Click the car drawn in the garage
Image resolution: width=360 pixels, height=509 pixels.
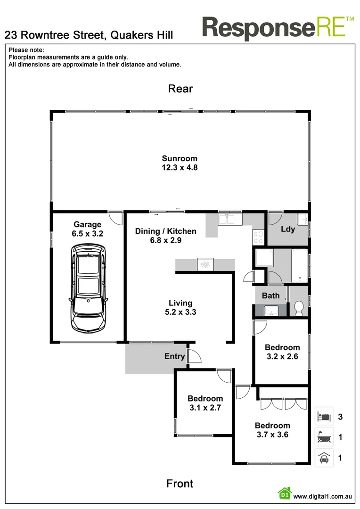(x=88, y=287)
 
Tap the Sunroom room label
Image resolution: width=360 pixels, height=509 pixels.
(x=180, y=158)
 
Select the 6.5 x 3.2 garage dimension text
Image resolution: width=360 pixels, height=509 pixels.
(x=87, y=233)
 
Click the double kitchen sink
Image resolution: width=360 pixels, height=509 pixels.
(x=230, y=219)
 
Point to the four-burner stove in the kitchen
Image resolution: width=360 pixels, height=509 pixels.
(x=259, y=237)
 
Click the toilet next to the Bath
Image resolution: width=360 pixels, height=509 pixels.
(x=298, y=309)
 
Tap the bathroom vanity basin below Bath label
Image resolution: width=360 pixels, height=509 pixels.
(x=270, y=311)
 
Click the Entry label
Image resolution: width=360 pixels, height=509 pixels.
(x=174, y=356)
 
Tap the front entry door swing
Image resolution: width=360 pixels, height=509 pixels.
(x=194, y=357)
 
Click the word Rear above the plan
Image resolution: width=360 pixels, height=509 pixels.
(x=180, y=89)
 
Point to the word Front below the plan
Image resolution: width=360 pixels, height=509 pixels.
(x=180, y=484)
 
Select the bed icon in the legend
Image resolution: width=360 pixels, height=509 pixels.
(x=324, y=417)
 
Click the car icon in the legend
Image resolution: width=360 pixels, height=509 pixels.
(x=324, y=458)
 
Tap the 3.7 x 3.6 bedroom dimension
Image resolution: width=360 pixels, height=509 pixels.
(x=272, y=435)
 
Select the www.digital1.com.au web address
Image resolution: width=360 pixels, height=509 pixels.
(x=323, y=496)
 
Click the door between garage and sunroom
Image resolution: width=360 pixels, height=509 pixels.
(x=114, y=218)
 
